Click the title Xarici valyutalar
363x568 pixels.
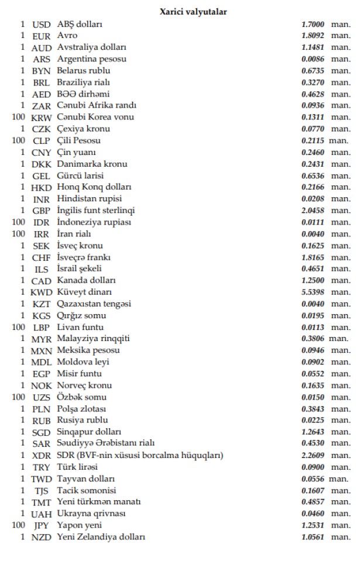(194, 12)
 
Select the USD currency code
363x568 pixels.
(42, 25)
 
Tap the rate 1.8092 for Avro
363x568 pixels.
(313, 36)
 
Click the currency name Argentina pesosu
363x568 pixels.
(92, 59)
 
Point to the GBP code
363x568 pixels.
(42, 211)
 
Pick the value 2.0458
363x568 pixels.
(313, 211)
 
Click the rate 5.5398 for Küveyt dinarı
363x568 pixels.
(313, 292)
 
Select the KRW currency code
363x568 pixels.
(42, 118)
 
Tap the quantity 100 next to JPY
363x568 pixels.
(18, 525)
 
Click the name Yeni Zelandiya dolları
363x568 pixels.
(101, 537)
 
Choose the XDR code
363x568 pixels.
(42, 456)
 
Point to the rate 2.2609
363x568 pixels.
(313, 455)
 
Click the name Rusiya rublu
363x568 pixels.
(83, 420)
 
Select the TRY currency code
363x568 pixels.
(42, 467)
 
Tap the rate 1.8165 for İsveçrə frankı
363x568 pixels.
(313, 257)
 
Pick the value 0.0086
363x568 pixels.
(313, 59)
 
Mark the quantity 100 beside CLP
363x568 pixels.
(18, 141)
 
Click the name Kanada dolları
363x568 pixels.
(86, 281)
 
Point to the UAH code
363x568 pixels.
(42, 514)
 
